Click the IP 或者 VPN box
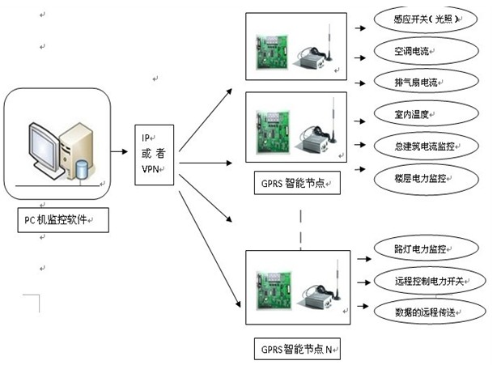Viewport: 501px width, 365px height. click(x=153, y=151)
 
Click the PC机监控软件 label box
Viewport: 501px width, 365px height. click(x=61, y=219)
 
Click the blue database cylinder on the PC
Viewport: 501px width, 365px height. click(x=80, y=171)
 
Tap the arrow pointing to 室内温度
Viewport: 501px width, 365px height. click(x=360, y=114)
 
